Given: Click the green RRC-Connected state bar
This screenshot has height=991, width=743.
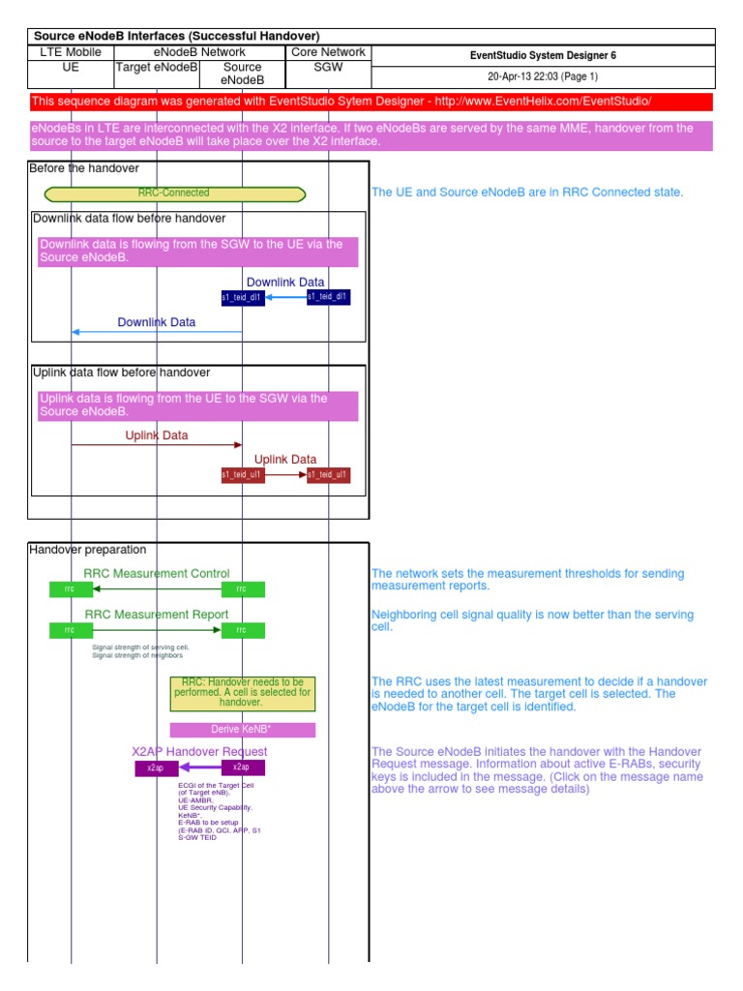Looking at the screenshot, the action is (174, 194).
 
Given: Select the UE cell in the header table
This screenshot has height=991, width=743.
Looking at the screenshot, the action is (71, 68).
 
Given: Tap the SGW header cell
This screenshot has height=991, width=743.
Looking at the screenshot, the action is (328, 68).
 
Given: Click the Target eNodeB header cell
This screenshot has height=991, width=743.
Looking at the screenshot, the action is (157, 68).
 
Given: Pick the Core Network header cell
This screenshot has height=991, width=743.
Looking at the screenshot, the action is (328, 52).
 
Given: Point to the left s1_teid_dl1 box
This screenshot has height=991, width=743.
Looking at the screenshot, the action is (242, 297).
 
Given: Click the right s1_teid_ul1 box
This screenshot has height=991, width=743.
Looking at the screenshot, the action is (329, 475).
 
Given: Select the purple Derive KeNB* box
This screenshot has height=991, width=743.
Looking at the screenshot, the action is (242, 730).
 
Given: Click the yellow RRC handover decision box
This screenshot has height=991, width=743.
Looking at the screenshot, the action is (242, 694).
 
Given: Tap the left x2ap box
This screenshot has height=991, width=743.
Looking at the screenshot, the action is (156, 767).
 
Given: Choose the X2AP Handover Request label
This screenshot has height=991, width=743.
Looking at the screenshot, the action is (199, 751).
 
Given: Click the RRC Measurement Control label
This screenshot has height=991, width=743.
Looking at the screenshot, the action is (157, 574).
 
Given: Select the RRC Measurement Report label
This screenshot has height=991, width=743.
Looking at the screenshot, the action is (157, 615).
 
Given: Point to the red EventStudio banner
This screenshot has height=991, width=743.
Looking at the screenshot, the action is (371, 102).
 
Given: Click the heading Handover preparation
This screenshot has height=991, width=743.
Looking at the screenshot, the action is (88, 550).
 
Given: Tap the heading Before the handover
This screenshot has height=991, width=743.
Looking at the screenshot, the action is (84, 168).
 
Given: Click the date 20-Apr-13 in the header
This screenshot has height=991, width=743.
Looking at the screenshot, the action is (514, 76).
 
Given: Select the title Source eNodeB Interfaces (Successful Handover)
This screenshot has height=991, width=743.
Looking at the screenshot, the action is (176, 36).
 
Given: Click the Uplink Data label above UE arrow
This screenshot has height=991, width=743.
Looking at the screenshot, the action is (157, 435).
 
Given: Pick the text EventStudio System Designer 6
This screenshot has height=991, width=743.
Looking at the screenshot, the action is (542, 55).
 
